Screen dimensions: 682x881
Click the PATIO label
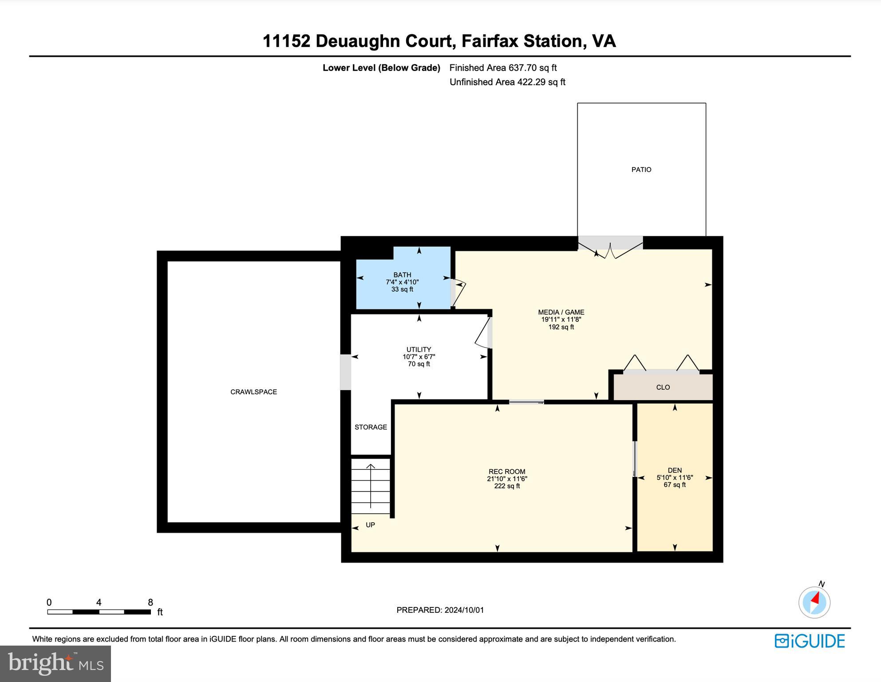(x=641, y=170)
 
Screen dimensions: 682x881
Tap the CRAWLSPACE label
(x=253, y=392)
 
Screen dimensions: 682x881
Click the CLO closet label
(x=663, y=387)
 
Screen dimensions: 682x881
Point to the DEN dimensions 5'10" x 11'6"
(x=675, y=478)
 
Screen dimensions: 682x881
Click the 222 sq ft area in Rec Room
(x=507, y=486)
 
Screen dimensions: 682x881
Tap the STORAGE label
(x=371, y=427)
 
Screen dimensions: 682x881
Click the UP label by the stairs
(x=370, y=525)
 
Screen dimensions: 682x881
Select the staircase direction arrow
(x=371, y=486)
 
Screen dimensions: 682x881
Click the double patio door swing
(x=611, y=251)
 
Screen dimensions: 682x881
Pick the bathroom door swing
(x=460, y=293)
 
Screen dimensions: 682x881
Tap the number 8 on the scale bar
(x=150, y=603)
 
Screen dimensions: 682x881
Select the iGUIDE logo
(x=810, y=641)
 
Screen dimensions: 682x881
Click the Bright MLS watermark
(x=55, y=663)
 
